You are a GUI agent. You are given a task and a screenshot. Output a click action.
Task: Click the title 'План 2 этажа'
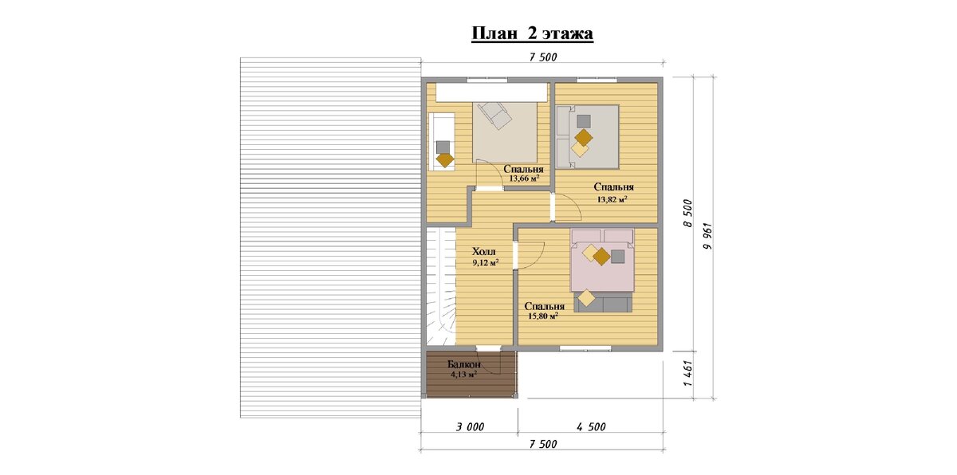[532, 33]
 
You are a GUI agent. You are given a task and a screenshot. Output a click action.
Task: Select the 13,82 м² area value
[612, 199]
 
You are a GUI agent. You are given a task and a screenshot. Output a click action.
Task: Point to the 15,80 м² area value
[543, 316]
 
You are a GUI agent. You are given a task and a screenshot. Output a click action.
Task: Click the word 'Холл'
[484, 251]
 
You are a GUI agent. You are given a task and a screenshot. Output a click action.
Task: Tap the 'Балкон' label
[464, 364]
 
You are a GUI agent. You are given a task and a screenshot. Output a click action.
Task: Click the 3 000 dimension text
[470, 426]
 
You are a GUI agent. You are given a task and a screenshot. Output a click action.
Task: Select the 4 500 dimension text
[591, 426]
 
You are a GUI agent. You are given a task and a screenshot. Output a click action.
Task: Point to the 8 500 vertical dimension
[687, 214]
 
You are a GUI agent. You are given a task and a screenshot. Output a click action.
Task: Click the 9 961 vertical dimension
[708, 236]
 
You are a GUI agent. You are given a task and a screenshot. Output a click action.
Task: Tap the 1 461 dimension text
[687, 375]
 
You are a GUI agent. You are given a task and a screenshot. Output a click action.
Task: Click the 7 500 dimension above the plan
[543, 57]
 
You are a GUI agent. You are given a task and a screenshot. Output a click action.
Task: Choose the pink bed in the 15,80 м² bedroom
[602, 261]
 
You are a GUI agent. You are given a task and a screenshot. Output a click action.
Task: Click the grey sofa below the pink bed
[603, 303]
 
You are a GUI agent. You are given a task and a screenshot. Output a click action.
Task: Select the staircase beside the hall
[440, 287]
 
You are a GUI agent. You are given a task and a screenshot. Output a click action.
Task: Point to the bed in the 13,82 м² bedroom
[588, 136]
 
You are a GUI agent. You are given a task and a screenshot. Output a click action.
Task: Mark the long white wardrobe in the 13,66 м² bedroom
[491, 92]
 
